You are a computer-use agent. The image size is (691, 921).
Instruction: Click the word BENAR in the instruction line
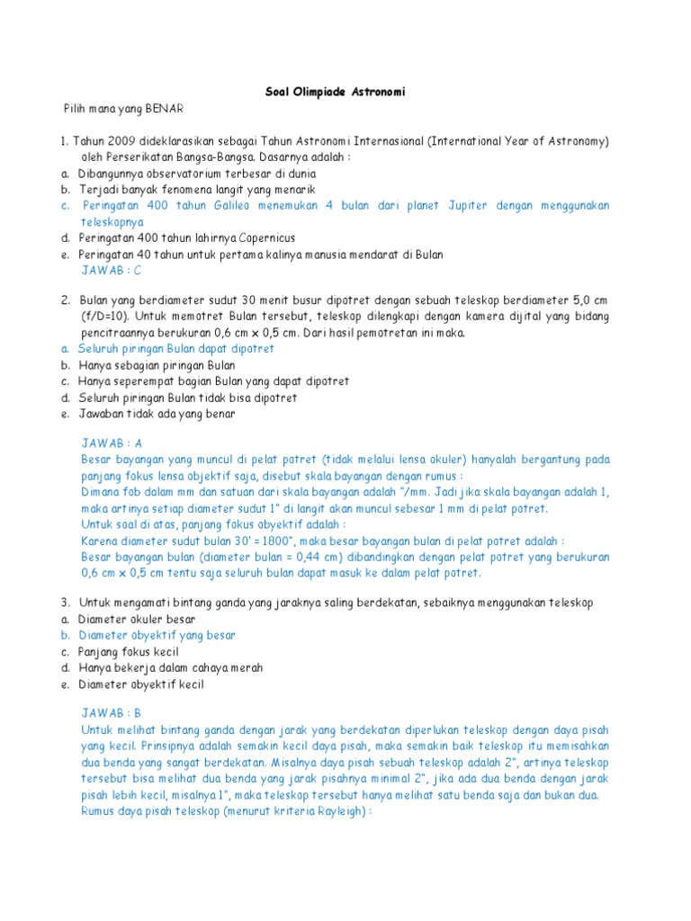[165, 108]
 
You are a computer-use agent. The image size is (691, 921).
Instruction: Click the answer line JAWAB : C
[112, 269]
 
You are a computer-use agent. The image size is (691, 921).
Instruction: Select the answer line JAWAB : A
[112, 443]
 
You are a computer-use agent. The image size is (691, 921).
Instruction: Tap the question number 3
[65, 602]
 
